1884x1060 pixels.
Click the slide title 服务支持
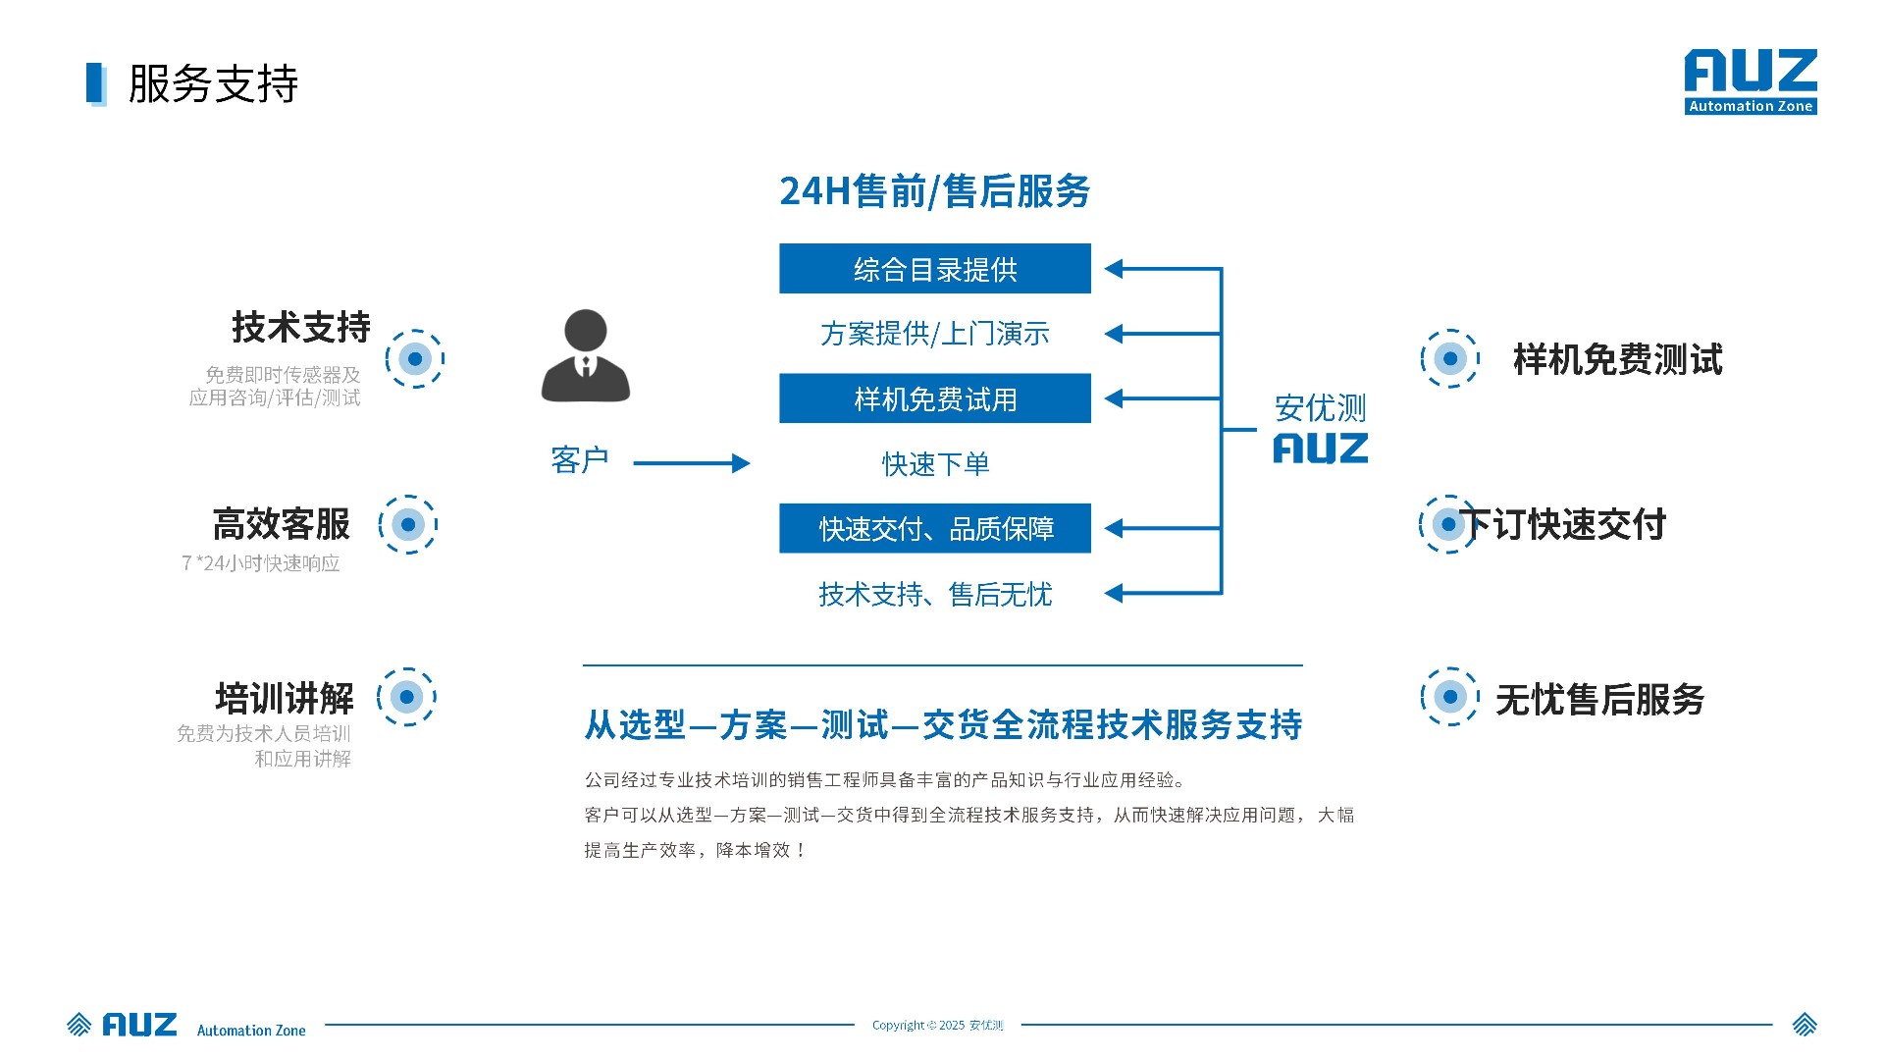(x=213, y=84)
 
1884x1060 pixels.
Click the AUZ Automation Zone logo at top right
(x=1751, y=81)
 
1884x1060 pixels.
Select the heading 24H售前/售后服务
(x=934, y=191)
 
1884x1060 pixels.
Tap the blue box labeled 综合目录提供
(x=934, y=269)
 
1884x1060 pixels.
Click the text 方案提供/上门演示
(x=934, y=334)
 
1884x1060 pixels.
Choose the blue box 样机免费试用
(x=934, y=398)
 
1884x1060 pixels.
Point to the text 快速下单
(x=934, y=463)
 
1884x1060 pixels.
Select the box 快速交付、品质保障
(x=934, y=529)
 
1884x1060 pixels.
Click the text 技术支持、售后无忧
(x=934, y=594)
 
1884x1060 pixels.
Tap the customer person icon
(x=586, y=355)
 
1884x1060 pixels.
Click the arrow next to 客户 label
(x=691, y=463)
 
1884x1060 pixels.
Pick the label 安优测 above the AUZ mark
(x=1320, y=407)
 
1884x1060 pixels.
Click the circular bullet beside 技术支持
(x=415, y=359)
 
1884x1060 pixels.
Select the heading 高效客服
(x=282, y=524)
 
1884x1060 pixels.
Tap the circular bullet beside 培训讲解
(x=406, y=697)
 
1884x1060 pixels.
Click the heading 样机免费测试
(x=1617, y=359)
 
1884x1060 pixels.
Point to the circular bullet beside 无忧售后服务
(x=1449, y=697)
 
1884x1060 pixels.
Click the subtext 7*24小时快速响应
(x=261, y=563)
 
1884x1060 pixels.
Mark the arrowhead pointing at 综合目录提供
(x=1115, y=269)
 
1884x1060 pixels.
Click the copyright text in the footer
(x=937, y=1026)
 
